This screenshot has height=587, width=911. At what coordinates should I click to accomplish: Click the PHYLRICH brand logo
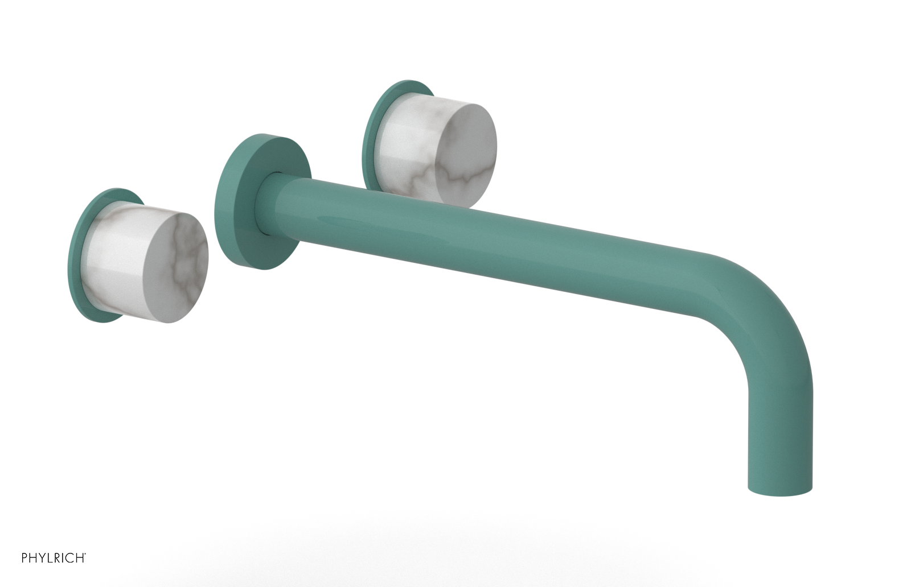pyautogui.click(x=54, y=558)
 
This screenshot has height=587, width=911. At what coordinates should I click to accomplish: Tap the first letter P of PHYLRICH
pyautogui.click(x=25, y=558)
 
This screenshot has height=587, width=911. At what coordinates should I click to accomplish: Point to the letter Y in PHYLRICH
pyautogui.click(x=42, y=558)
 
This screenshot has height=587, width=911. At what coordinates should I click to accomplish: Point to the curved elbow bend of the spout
pyautogui.click(x=763, y=301)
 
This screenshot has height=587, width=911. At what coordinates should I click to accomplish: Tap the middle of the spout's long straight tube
pyautogui.click(x=484, y=239)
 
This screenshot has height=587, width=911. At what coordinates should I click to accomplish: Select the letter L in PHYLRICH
pyautogui.click(x=50, y=558)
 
